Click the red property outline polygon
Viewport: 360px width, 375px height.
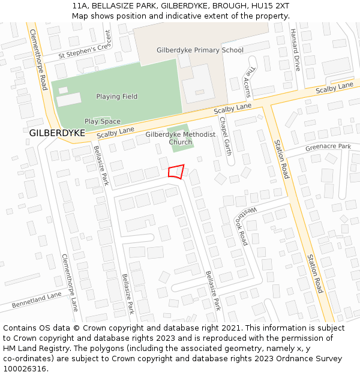point(176,172)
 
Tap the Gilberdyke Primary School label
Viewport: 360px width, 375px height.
point(200,50)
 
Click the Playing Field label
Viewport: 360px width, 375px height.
point(116,97)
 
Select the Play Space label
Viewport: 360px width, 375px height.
point(102,121)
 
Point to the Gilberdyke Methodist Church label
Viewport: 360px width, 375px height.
point(180,139)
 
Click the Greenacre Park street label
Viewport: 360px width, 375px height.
point(328,146)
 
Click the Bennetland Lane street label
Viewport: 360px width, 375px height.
point(37,300)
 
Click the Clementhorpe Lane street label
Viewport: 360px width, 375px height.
point(70,282)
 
